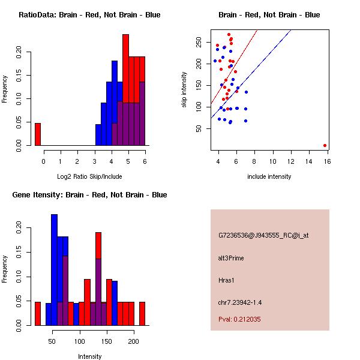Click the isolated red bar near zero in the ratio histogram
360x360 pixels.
click(38, 134)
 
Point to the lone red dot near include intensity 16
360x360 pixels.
click(325, 145)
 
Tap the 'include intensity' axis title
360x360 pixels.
click(269, 176)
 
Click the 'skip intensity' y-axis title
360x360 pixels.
click(185, 90)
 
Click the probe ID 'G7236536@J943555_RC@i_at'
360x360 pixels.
click(263, 236)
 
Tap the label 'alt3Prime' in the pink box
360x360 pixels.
click(232, 258)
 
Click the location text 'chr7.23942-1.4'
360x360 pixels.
click(240, 301)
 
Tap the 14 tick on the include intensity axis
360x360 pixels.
click(310, 161)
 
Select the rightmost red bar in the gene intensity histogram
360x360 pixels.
click(142, 313)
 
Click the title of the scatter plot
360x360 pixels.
click(269, 15)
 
